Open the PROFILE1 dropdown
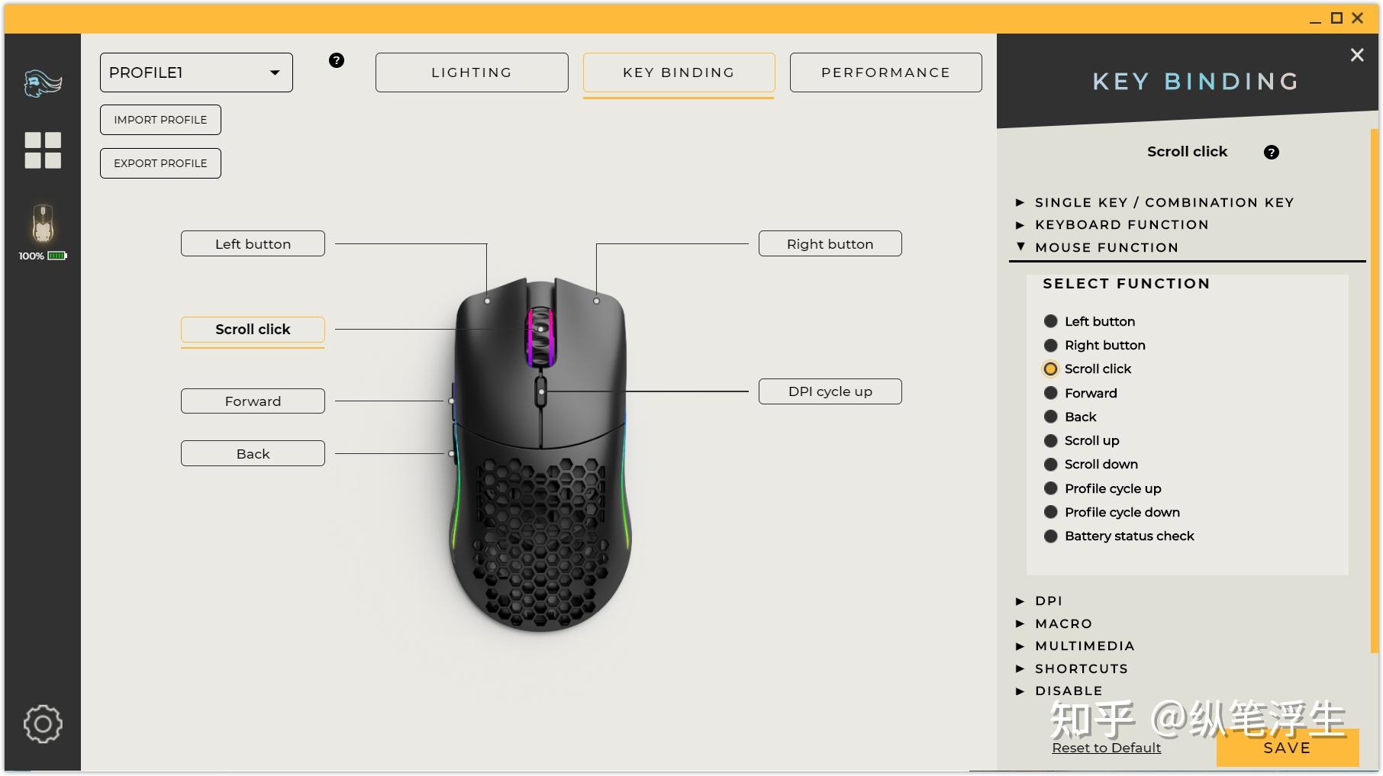click(196, 72)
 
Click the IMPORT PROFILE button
click(160, 120)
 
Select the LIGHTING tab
click(472, 72)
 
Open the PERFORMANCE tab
click(885, 72)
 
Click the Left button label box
click(253, 244)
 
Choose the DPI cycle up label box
click(830, 391)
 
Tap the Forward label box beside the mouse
click(253, 401)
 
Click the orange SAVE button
click(1287, 748)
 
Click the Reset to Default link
click(1106, 748)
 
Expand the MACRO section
click(1063, 623)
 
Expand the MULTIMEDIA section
click(1085, 646)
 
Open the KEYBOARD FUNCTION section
click(1121, 225)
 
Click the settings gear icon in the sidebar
click(43, 724)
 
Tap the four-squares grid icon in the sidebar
click(43, 150)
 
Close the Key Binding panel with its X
click(1357, 55)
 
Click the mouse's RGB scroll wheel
click(540, 336)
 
